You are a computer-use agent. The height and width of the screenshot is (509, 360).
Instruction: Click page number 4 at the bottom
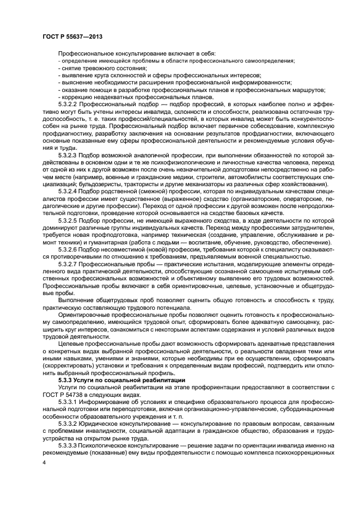click(44, 462)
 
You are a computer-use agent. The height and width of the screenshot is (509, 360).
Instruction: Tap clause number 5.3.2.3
click(69, 155)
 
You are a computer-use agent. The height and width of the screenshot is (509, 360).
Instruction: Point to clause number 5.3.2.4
click(69, 192)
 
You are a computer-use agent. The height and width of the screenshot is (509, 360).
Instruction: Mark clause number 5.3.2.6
click(69, 249)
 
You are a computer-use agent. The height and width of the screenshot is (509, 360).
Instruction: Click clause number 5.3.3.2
click(69, 423)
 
